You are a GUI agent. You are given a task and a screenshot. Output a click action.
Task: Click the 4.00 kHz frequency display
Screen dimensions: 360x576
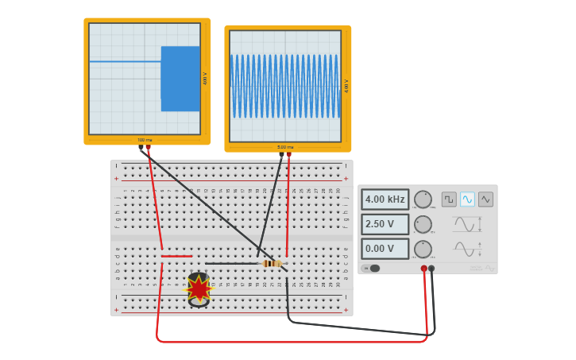click(x=385, y=199)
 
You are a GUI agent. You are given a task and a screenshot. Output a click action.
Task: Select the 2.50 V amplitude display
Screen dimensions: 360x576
click(x=385, y=224)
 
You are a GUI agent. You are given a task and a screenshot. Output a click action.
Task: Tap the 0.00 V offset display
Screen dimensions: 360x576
click(x=385, y=249)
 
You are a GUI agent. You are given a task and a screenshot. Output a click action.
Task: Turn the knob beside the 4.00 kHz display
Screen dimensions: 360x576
click(x=423, y=199)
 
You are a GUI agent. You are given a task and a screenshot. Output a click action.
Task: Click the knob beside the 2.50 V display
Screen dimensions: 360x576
click(x=423, y=224)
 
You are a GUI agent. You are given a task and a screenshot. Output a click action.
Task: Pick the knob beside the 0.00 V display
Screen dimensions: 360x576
click(x=423, y=249)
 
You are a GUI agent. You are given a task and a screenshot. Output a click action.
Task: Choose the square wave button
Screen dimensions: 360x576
click(x=449, y=199)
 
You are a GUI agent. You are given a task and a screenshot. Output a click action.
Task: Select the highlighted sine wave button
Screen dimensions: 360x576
click(x=467, y=199)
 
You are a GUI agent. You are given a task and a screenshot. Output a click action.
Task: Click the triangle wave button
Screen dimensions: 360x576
click(x=485, y=199)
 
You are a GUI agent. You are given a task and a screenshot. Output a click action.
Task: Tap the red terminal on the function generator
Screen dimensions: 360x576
click(x=423, y=269)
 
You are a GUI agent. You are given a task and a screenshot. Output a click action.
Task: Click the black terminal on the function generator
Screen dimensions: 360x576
click(x=431, y=269)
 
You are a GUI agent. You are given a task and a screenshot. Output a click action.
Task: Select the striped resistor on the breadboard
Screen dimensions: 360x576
click(x=272, y=264)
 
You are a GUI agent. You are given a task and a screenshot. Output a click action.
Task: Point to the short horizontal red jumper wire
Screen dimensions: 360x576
click(x=176, y=256)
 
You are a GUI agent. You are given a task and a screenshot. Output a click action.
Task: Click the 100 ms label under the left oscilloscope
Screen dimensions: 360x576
click(x=145, y=140)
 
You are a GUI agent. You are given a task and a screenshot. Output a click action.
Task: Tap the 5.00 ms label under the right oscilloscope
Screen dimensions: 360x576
click(x=285, y=147)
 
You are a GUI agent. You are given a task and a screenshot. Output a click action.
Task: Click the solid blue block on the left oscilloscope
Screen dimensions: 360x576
click(x=180, y=79)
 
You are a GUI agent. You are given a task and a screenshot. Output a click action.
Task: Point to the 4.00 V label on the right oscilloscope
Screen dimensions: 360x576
click(x=346, y=86)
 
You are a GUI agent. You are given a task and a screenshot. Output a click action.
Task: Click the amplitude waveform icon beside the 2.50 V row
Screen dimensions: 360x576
click(x=465, y=225)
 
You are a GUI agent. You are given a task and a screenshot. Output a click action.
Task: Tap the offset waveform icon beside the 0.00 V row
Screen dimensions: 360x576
click(x=465, y=250)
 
